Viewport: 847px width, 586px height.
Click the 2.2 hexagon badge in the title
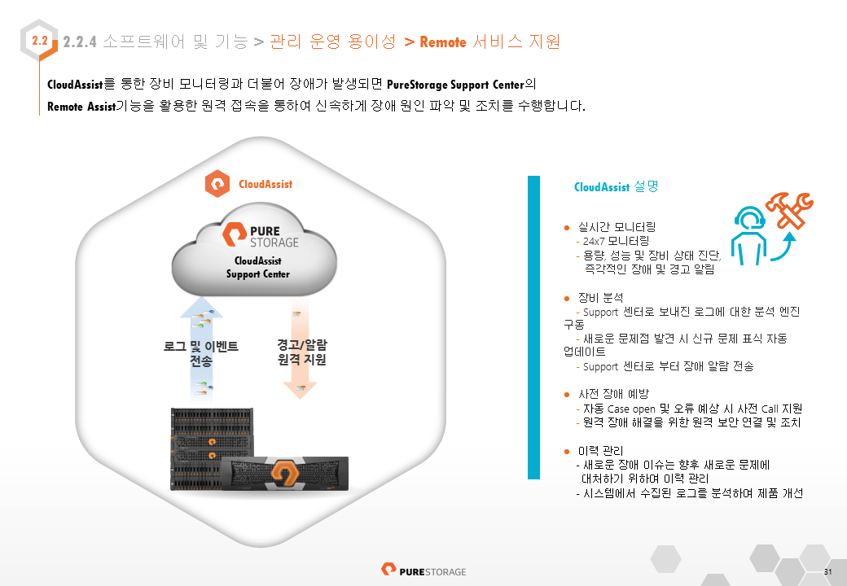pyautogui.click(x=39, y=41)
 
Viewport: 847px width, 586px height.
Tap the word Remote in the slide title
pyautogui.click(x=443, y=42)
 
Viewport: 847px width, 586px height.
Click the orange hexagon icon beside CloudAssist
pyautogui.click(x=217, y=183)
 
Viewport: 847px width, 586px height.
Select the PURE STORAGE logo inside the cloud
pyautogui.click(x=261, y=236)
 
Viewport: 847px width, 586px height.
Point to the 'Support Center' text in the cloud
pyautogui.click(x=257, y=274)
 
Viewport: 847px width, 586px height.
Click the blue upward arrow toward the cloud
pyautogui.click(x=201, y=350)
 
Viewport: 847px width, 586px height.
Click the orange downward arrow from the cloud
pyautogui.click(x=300, y=350)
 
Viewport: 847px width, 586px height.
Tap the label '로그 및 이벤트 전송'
pyautogui.click(x=200, y=353)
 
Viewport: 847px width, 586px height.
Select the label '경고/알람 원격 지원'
pyautogui.click(x=302, y=352)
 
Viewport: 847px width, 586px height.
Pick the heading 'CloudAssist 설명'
pyautogui.click(x=616, y=186)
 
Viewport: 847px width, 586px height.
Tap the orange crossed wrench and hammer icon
pyautogui.click(x=790, y=211)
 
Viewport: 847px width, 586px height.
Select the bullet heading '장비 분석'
pyautogui.click(x=600, y=298)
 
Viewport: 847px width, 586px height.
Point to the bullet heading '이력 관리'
pyautogui.click(x=600, y=451)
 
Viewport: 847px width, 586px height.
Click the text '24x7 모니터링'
pyautogui.click(x=616, y=241)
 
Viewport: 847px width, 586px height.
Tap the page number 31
pyautogui.click(x=828, y=572)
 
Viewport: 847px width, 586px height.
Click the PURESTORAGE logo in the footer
pyautogui.click(x=423, y=571)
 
